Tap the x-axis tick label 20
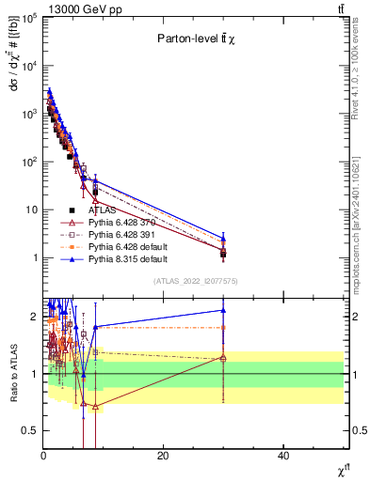click(x=163, y=456)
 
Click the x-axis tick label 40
click(x=283, y=456)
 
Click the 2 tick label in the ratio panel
click(x=35, y=317)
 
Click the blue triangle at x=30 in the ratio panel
click(x=223, y=310)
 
